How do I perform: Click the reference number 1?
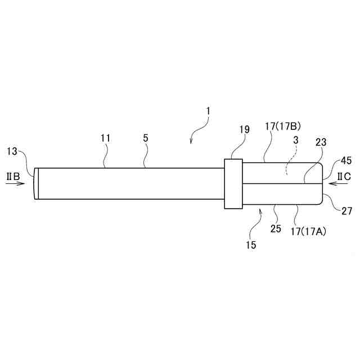pyautogui.click(x=208, y=111)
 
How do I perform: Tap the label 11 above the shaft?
pyautogui.click(x=106, y=138)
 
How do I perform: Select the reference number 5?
pyautogui.click(x=146, y=138)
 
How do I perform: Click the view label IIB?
pyautogui.click(x=13, y=177)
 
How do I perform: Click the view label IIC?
pyautogui.click(x=344, y=177)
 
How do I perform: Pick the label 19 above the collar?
pyautogui.click(x=244, y=129)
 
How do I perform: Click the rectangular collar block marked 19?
pyautogui.click(x=233, y=183)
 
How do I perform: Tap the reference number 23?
pyautogui.click(x=321, y=143)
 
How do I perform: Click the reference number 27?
pyautogui.click(x=346, y=211)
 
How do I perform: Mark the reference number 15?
pyautogui.click(x=250, y=245)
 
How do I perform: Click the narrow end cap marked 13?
pyautogui.click(x=36, y=183)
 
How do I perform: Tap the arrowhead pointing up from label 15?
pyautogui.click(x=260, y=211)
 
